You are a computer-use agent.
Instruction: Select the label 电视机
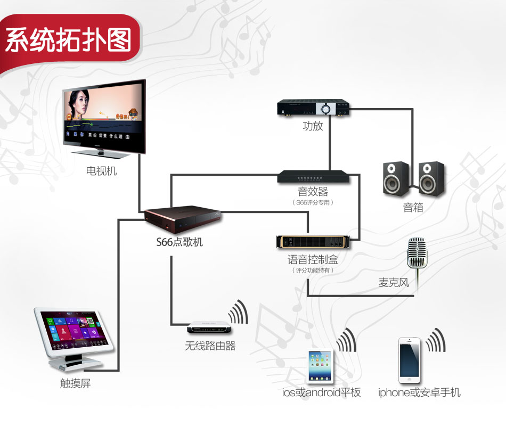(101, 171)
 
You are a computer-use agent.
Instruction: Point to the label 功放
(313, 127)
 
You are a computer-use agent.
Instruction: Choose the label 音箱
(413, 208)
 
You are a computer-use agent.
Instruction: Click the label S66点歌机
(179, 242)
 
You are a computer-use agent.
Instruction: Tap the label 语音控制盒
(313, 260)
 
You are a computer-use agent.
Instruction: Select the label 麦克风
(394, 282)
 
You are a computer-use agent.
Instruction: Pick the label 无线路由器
(210, 346)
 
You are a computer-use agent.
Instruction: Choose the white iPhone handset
(410, 359)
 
